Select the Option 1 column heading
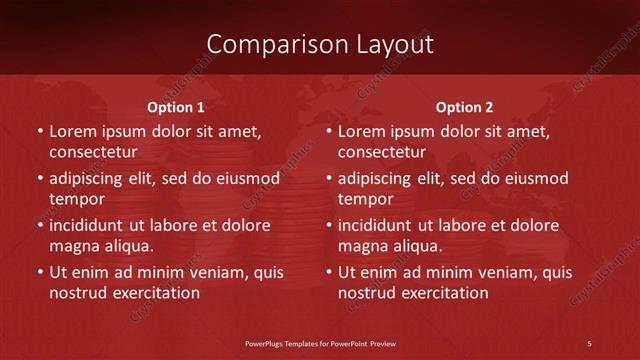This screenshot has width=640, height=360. click(x=176, y=107)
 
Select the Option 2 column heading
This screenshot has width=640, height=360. click(x=465, y=107)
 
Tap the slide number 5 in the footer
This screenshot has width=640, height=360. click(x=590, y=343)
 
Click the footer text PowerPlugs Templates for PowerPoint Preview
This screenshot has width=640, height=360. click(x=320, y=343)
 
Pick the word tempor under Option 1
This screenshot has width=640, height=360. click(x=77, y=198)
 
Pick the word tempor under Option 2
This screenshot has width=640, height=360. click(x=366, y=198)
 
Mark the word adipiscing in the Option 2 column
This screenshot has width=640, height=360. click(x=376, y=179)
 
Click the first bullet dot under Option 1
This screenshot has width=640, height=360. click(x=40, y=132)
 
